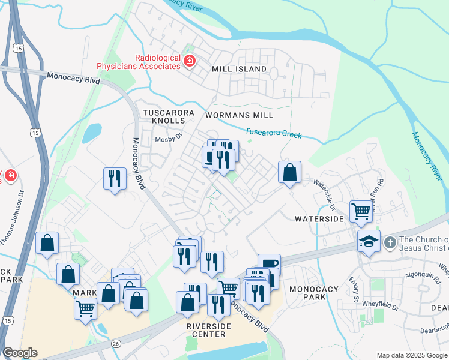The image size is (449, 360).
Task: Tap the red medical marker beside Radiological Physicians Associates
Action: (x=189, y=61)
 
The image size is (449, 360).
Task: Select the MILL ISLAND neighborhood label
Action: (x=239, y=70)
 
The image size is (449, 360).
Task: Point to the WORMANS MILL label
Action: (x=239, y=115)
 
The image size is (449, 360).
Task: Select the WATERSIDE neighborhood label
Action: (x=319, y=220)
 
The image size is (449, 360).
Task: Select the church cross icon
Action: (x=390, y=243)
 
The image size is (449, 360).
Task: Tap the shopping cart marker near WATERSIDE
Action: (x=361, y=211)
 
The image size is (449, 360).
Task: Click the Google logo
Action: (x=20, y=353)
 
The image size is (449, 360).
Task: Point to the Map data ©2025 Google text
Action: (x=411, y=355)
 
